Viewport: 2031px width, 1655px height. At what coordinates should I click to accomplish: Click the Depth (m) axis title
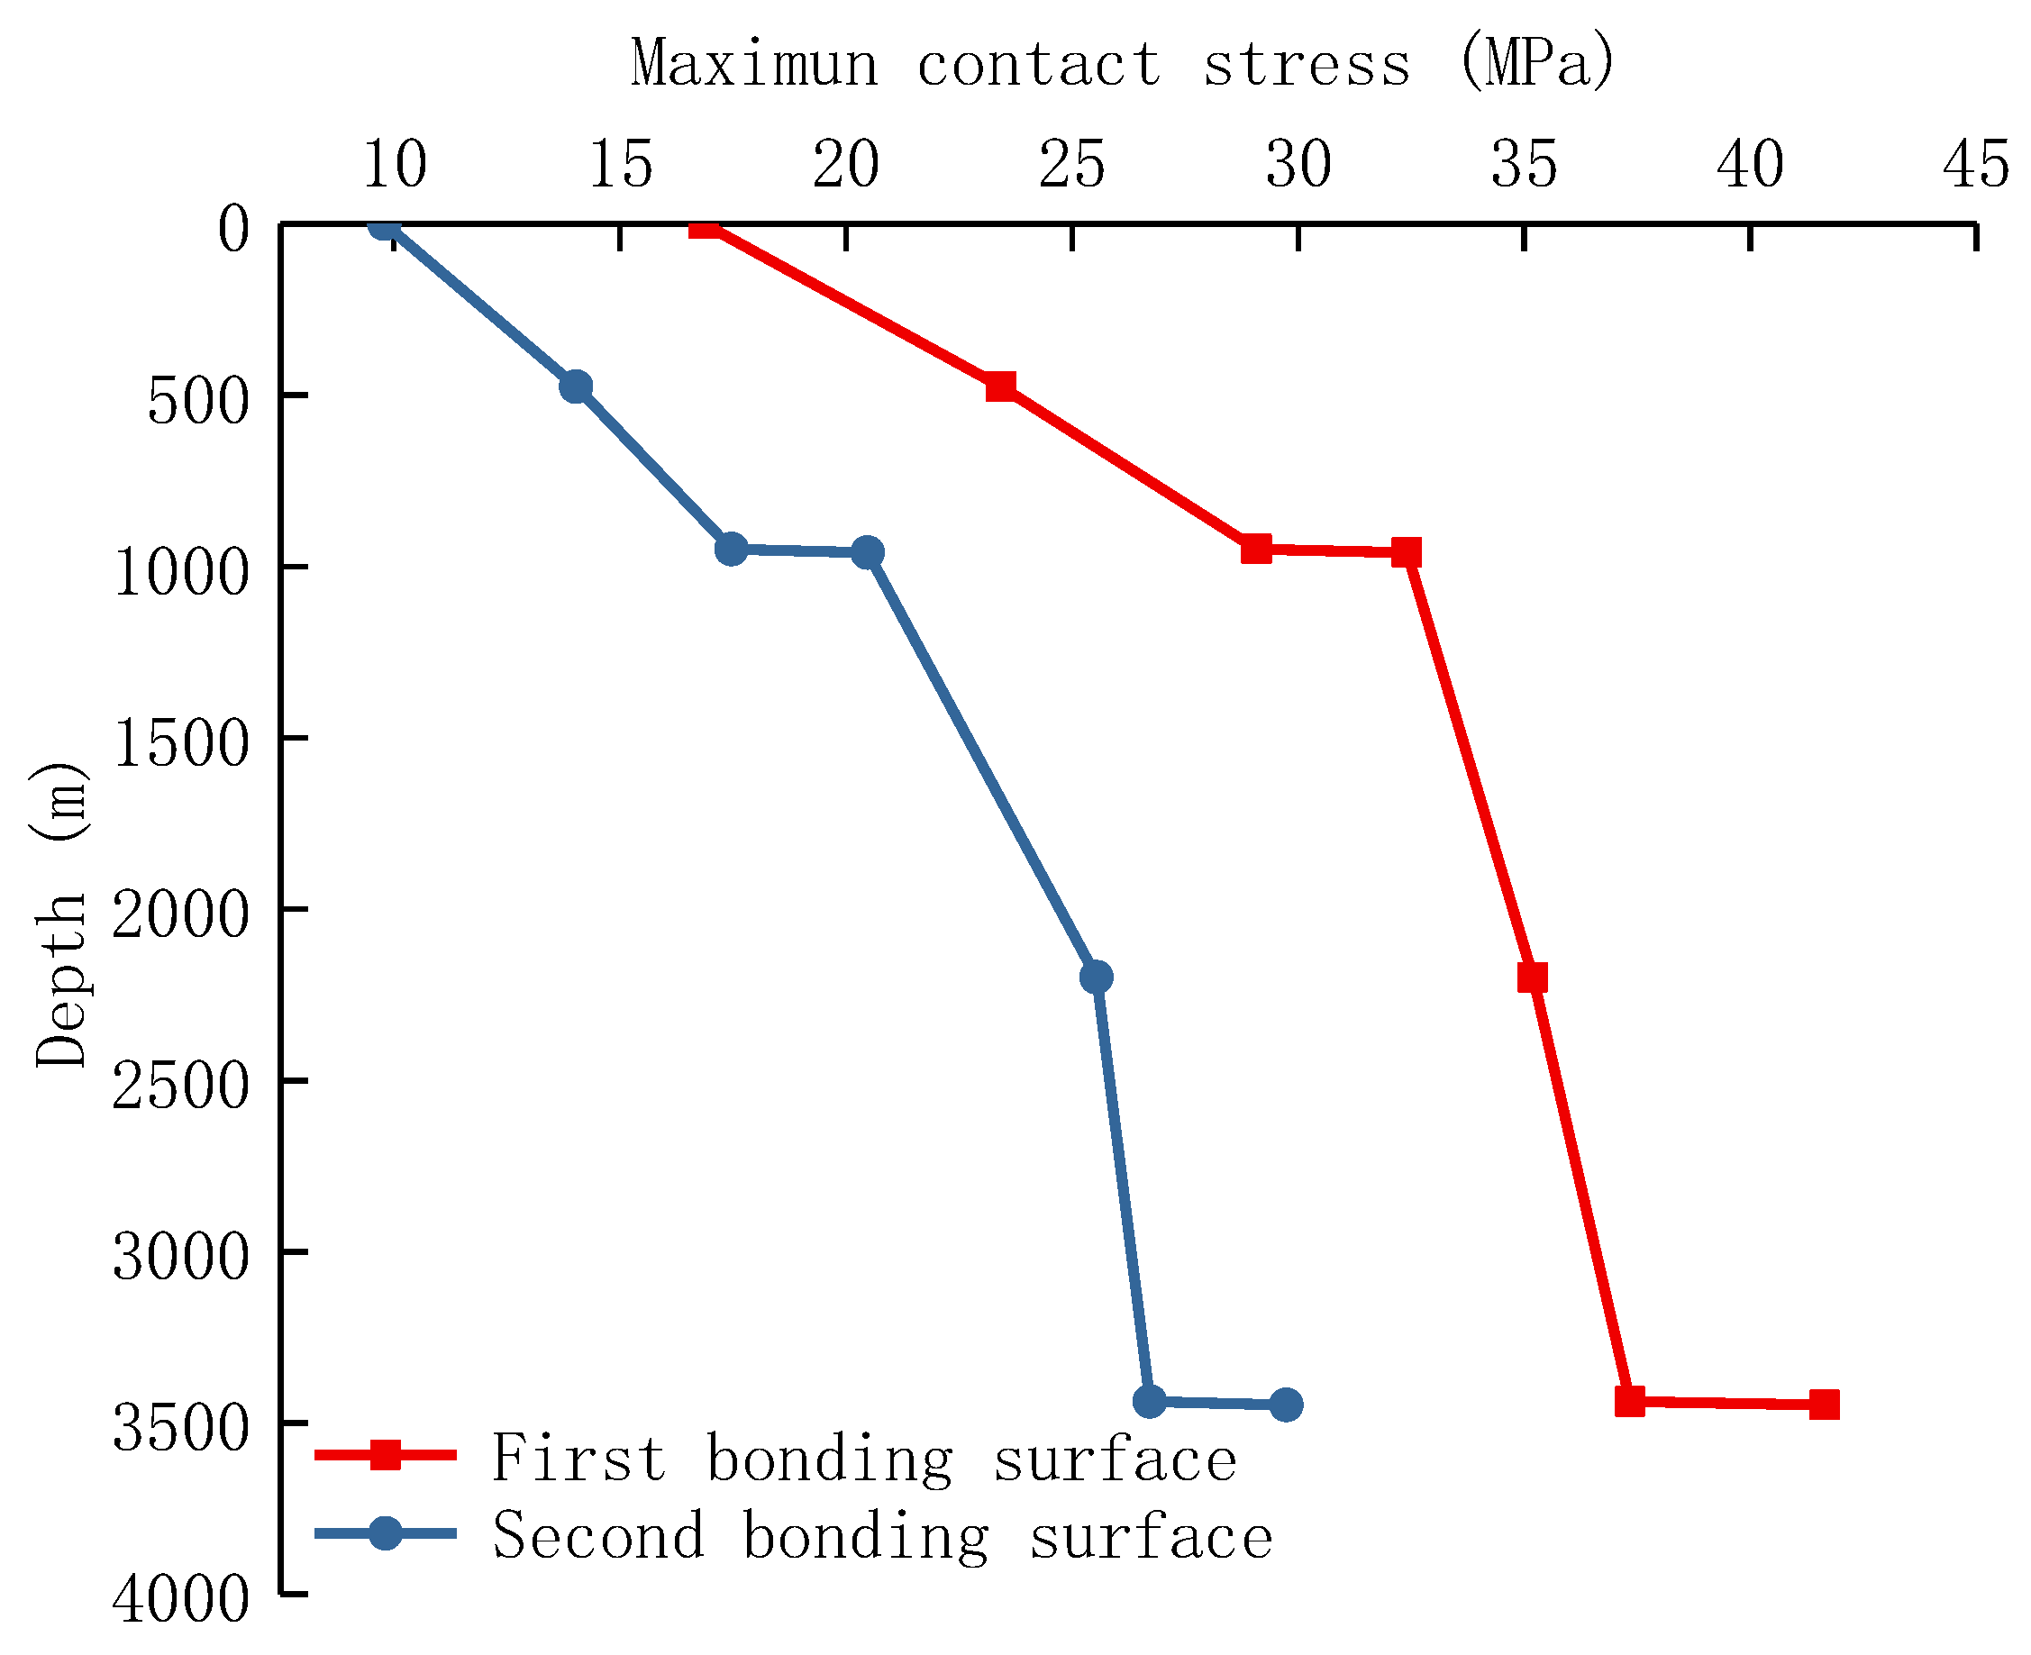tap(61, 915)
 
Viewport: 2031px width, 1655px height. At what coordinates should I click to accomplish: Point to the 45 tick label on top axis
tap(1975, 164)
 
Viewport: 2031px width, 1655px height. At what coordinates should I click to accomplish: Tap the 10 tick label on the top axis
tap(394, 164)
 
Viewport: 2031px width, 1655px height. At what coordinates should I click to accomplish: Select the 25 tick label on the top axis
tap(1071, 164)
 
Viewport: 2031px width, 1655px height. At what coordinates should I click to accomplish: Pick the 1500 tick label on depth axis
tap(181, 743)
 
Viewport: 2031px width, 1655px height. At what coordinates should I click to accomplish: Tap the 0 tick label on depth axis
tap(233, 229)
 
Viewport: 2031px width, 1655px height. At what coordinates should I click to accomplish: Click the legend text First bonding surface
tap(864, 1459)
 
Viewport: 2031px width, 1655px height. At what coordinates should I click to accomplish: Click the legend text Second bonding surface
tap(882, 1536)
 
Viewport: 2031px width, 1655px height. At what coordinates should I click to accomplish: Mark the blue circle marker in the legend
tap(386, 1533)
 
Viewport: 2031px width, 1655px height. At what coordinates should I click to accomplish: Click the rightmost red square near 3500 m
tap(1823, 1405)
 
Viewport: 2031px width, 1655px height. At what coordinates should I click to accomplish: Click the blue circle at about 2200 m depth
tap(1096, 978)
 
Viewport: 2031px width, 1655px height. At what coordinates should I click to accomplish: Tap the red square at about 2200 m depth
tap(1531, 978)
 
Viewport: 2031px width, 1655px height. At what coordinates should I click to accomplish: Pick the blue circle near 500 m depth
tap(575, 386)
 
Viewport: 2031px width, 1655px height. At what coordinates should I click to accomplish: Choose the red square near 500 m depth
tap(1000, 386)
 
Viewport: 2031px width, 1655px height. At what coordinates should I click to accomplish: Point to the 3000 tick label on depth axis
tap(181, 1258)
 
